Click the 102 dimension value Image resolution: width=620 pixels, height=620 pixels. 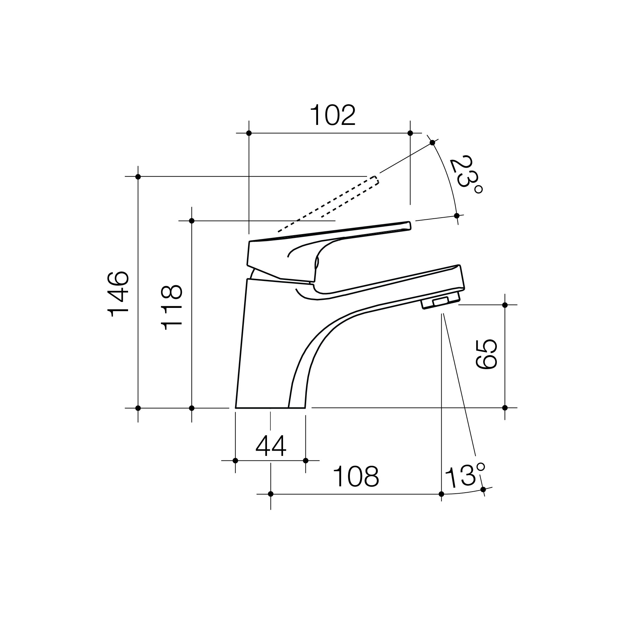tap(333, 115)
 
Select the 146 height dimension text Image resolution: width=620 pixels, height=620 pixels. tap(118, 294)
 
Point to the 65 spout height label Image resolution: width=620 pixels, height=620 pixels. tap(486, 354)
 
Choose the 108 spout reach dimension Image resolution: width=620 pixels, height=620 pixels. tap(356, 477)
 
